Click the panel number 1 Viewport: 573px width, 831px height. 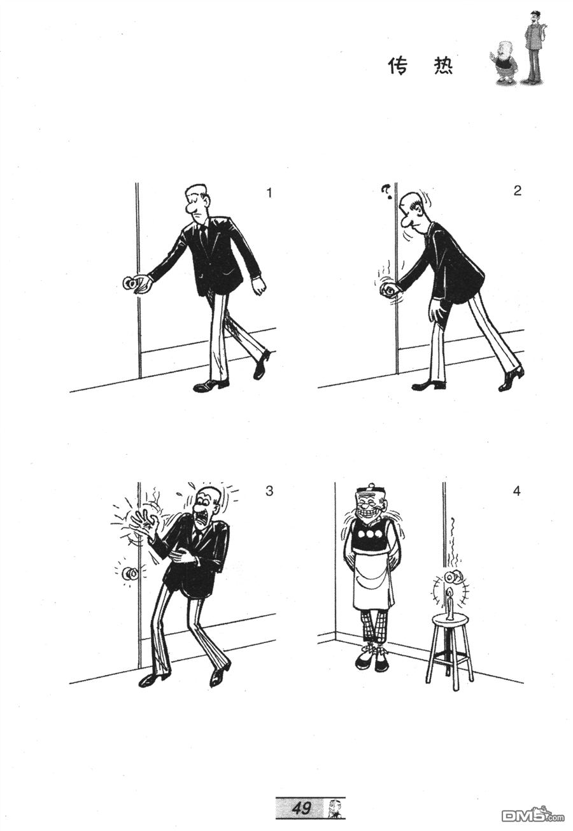(x=269, y=193)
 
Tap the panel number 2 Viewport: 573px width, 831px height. (x=518, y=190)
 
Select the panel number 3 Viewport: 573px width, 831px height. (x=269, y=491)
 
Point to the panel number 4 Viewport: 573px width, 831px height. (x=516, y=491)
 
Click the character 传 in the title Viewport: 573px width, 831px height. (x=398, y=66)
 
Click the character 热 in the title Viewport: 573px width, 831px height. (x=443, y=66)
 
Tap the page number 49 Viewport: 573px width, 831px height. (x=301, y=806)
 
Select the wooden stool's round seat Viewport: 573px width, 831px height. (x=450, y=620)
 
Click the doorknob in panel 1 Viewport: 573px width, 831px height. (x=130, y=283)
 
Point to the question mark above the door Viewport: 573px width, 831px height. (x=386, y=190)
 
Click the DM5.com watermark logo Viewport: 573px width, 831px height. (x=533, y=814)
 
